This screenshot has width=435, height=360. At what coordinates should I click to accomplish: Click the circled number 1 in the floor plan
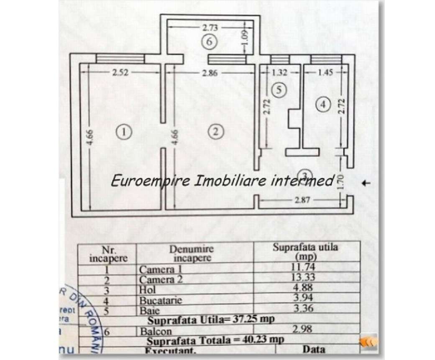click(x=124, y=132)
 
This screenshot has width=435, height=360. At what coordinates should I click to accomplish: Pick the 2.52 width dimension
click(x=120, y=72)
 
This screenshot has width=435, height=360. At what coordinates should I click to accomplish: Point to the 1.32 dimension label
click(x=280, y=72)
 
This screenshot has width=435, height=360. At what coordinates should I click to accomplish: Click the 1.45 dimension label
click(x=325, y=72)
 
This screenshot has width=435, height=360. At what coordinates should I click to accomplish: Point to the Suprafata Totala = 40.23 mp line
click(x=216, y=340)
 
